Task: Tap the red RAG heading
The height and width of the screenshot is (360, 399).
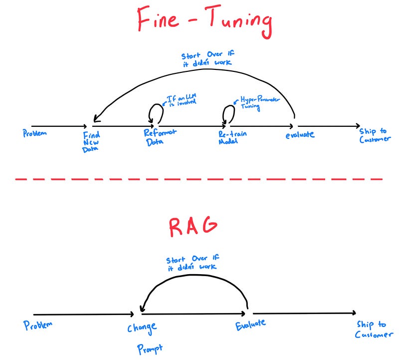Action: click(x=193, y=227)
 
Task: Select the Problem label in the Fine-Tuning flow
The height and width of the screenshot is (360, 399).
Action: click(x=35, y=134)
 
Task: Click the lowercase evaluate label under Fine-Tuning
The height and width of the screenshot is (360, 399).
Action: click(x=300, y=134)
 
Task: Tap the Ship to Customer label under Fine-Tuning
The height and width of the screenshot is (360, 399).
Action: click(x=375, y=135)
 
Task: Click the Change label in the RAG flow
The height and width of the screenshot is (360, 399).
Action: click(x=142, y=328)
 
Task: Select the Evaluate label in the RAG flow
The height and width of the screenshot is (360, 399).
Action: click(x=250, y=325)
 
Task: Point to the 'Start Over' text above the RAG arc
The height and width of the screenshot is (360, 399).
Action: click(x=192, y=263)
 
